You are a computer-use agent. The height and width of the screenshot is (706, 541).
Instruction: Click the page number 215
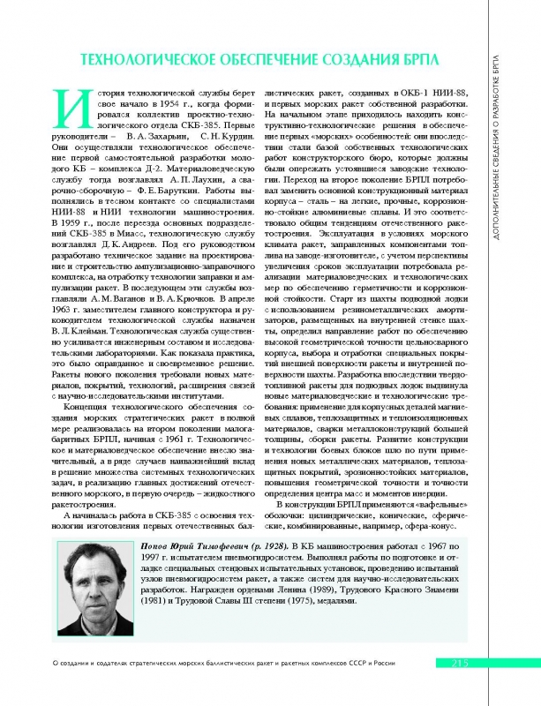click(x=465, y=664)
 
